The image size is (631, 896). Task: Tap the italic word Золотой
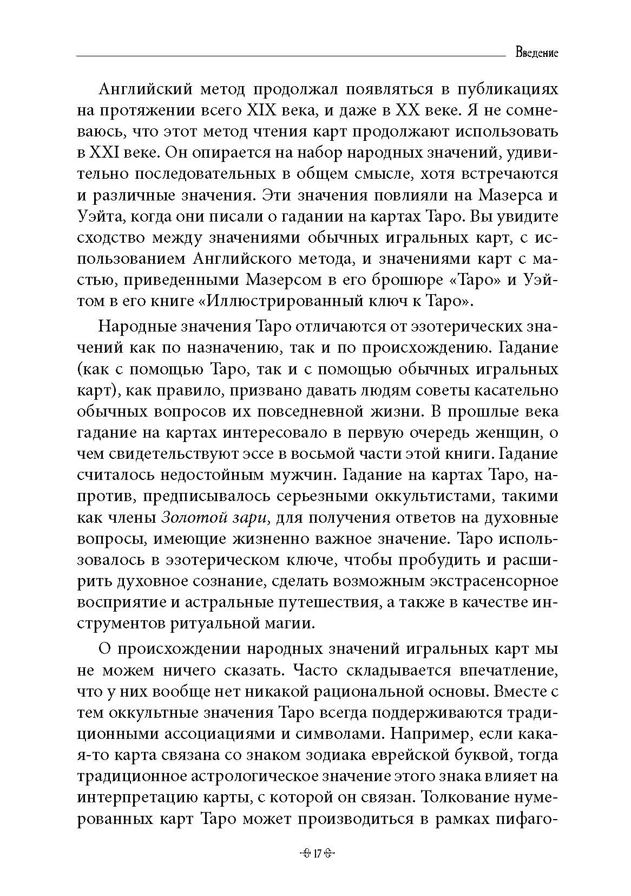click(189, 517)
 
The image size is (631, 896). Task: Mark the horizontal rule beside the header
click(287, 55)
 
